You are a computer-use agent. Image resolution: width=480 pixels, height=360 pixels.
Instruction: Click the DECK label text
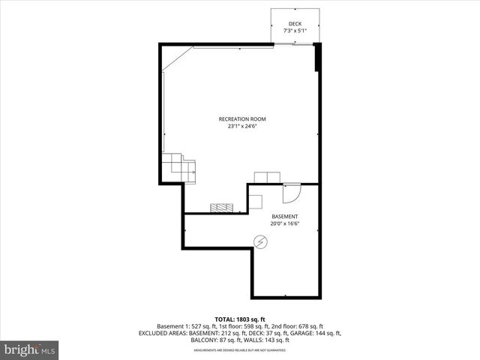pos(295,24)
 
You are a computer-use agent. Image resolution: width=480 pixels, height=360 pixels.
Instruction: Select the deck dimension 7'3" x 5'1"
pos(295,31)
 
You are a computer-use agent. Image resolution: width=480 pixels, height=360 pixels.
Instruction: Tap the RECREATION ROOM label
pos(241,119)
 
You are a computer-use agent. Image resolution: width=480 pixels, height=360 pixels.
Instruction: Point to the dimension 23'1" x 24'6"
pos(241,126)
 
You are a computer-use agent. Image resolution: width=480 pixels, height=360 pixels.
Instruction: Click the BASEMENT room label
pos(284,216)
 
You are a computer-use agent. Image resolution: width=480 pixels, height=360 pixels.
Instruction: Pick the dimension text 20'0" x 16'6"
pos(284,223)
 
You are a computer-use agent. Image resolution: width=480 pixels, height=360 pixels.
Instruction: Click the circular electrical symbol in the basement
pos(260,241)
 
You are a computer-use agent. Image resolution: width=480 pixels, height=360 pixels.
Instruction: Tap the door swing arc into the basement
pos(292,193)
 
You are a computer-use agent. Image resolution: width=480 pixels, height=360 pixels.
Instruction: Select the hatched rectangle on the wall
pos(222,208)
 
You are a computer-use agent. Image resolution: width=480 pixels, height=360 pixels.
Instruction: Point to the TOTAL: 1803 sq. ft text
pos(241,319)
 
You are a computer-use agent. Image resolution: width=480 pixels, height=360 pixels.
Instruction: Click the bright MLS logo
pos(29,349)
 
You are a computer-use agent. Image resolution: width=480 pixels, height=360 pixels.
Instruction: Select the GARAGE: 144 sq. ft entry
pos(316,334)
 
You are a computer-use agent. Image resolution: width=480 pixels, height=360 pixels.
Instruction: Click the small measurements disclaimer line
pos(240,350)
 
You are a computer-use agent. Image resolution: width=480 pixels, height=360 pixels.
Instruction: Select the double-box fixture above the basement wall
pos(266,177)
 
